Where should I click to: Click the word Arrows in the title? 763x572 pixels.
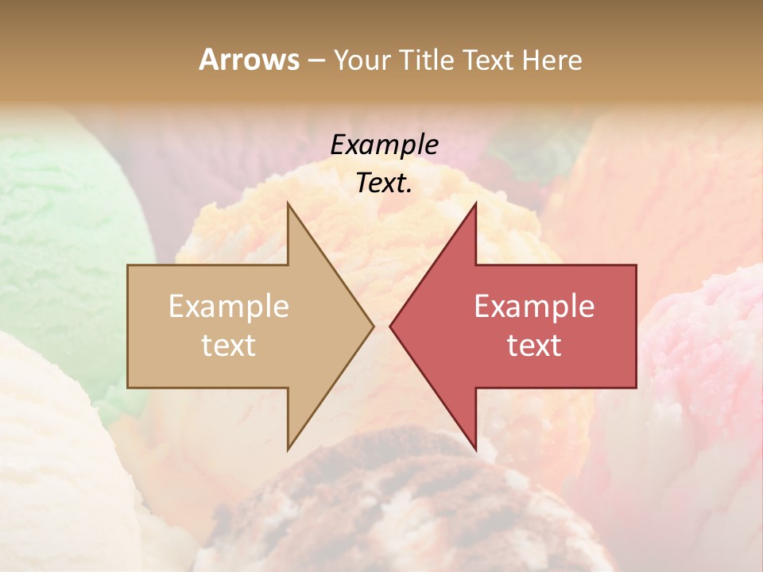click(x=249, y=60)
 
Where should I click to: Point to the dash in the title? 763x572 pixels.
click(x=316, y=60)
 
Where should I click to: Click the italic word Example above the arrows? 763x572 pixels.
click(x=384, y=145)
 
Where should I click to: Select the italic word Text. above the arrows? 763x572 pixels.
click(x=384, y=184)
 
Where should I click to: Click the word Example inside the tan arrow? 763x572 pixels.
click(x=228, y=306)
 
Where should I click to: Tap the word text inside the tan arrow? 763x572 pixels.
click(x=228, y=346)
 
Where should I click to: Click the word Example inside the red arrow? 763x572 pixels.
click(x=534, y=306)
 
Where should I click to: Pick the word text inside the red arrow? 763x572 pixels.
click(x=534, y=346)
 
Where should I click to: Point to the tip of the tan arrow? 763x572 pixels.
click(x=373, y=326)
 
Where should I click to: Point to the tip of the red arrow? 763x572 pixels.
click(x=391, y=326)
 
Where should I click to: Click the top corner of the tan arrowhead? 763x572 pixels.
click(x=288, y=204)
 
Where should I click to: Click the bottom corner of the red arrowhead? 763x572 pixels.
click(x=475, y=449)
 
